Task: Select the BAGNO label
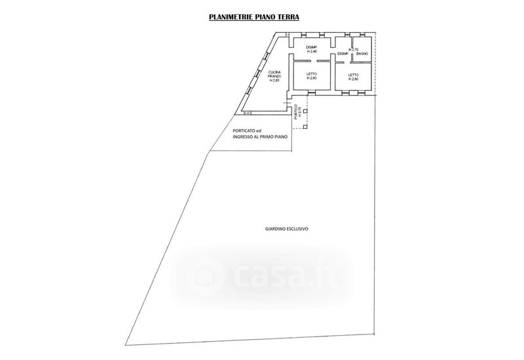click(361, 53)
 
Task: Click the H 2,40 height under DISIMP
click(311, 51)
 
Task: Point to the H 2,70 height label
click(354, 49)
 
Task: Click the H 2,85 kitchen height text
click(274, 81)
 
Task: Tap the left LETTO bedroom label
click(311, 75)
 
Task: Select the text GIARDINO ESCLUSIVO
click(286, 230)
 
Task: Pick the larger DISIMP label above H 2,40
click(311, 46)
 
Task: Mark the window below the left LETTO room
click(311, 93)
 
